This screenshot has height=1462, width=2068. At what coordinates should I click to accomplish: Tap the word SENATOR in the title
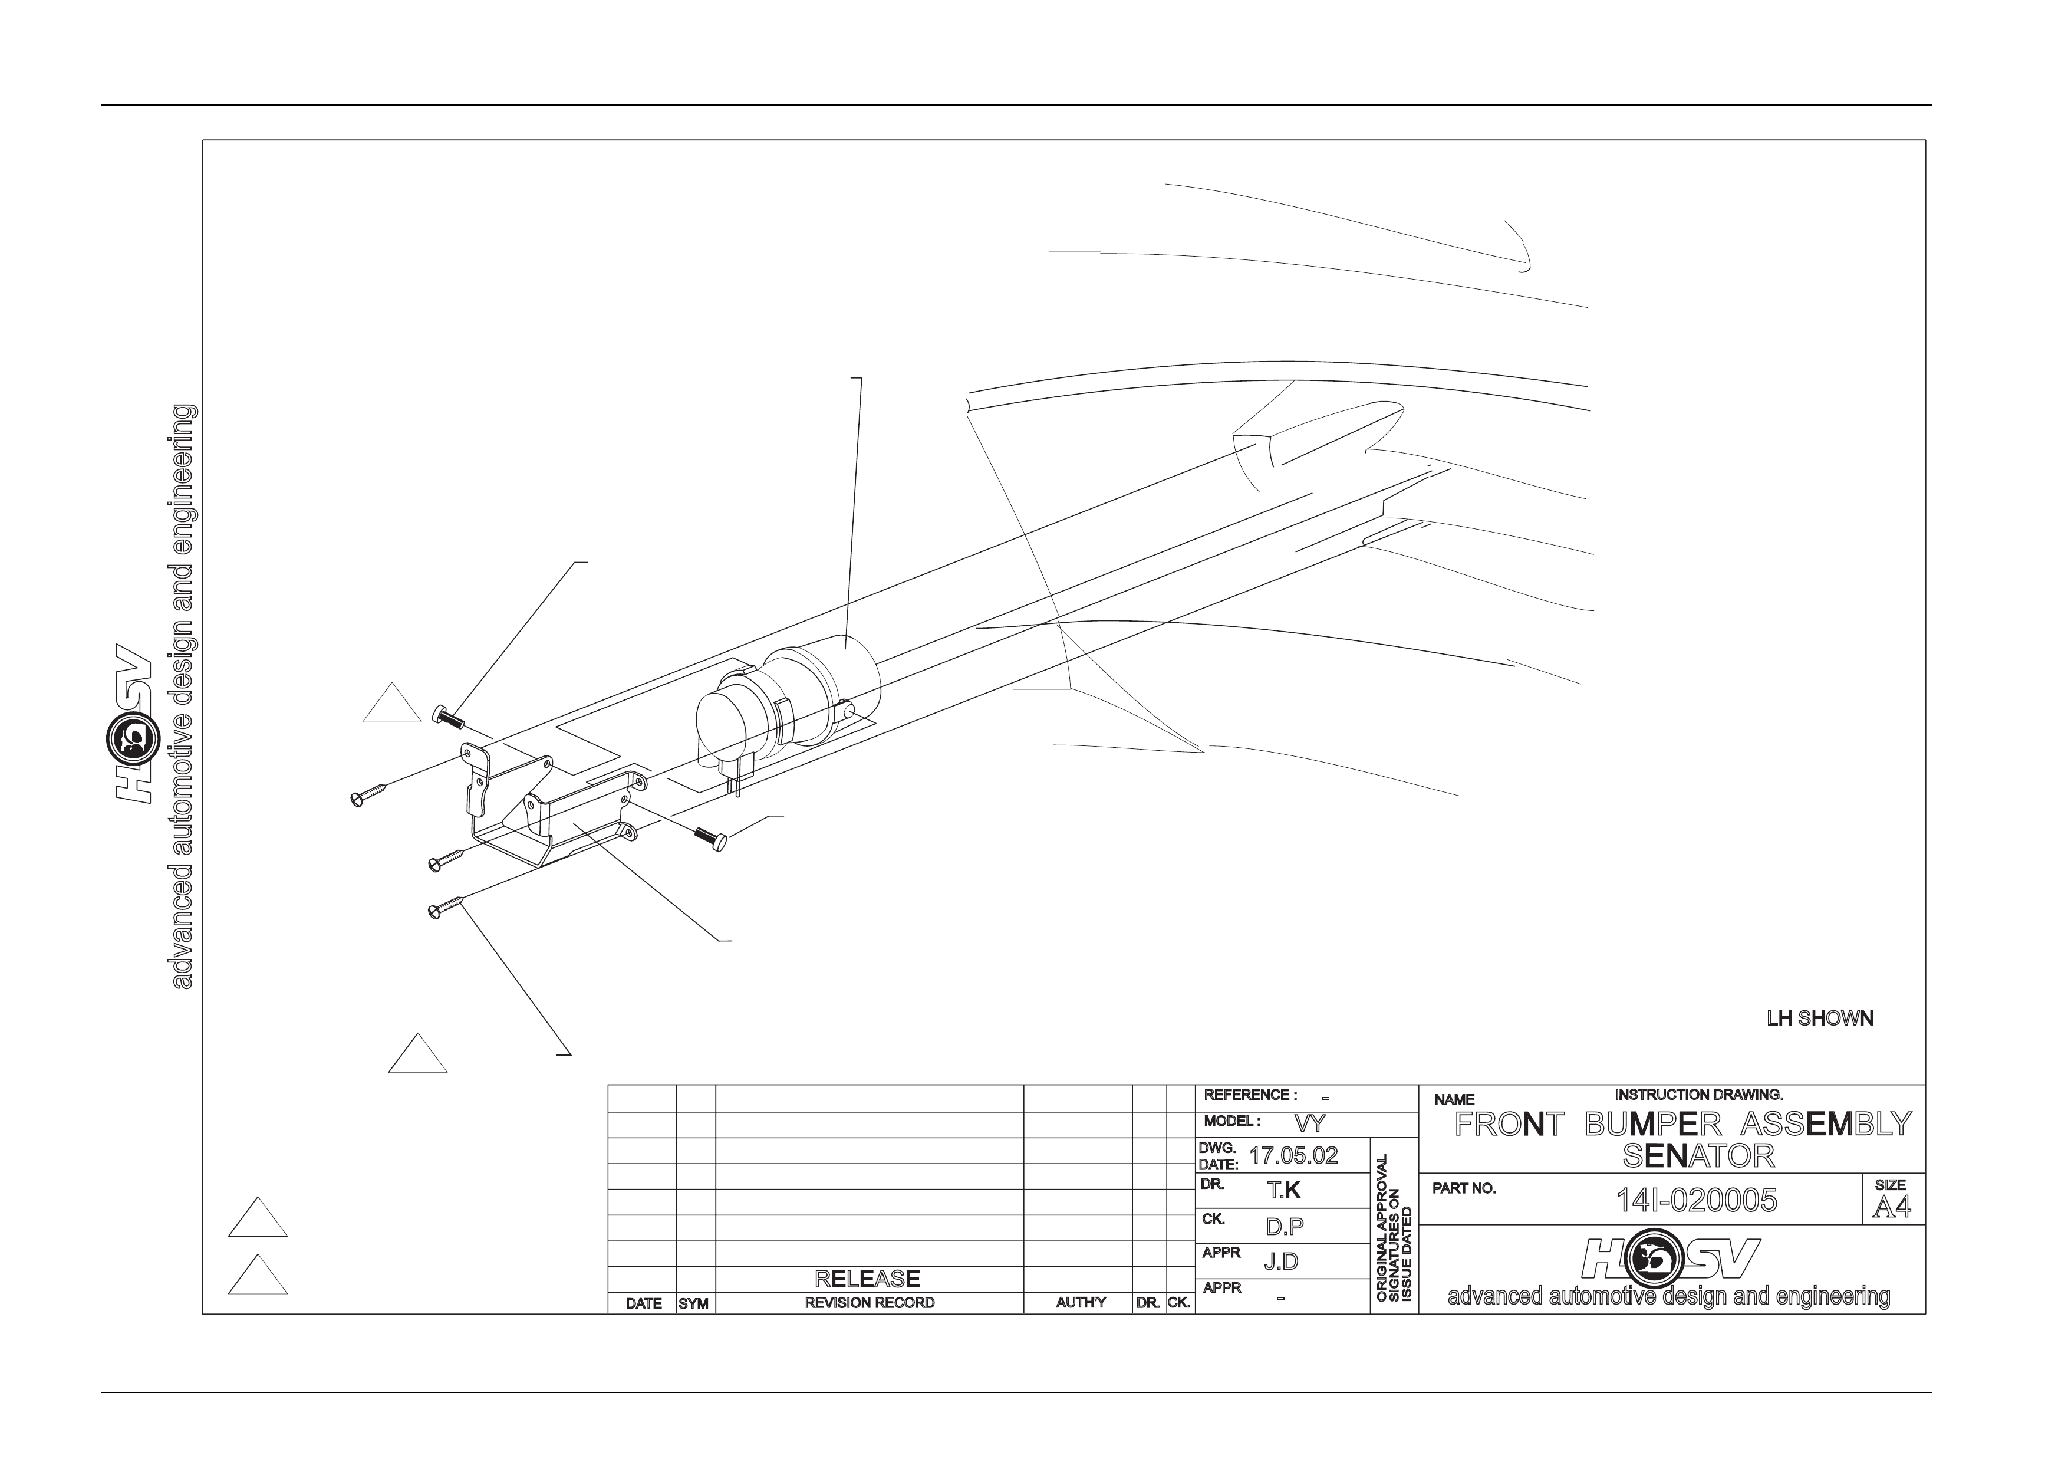tap(1698, 1156)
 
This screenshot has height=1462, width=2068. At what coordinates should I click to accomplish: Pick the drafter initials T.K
tap(1285, 1190)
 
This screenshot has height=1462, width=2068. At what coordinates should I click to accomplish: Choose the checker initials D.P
tap(1285, 1226)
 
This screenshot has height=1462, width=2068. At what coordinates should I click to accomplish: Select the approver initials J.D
tap(1281, 1261)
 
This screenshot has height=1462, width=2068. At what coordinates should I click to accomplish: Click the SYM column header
tap(693, 1303)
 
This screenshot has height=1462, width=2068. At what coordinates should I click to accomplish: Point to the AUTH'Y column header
tap(1081, 1303)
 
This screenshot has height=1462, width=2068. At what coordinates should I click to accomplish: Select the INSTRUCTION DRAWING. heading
tap(1699, 1095)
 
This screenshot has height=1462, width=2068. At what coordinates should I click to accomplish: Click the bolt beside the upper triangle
tap(447, 717)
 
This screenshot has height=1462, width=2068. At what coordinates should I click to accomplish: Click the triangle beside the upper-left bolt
tap(392, 704)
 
